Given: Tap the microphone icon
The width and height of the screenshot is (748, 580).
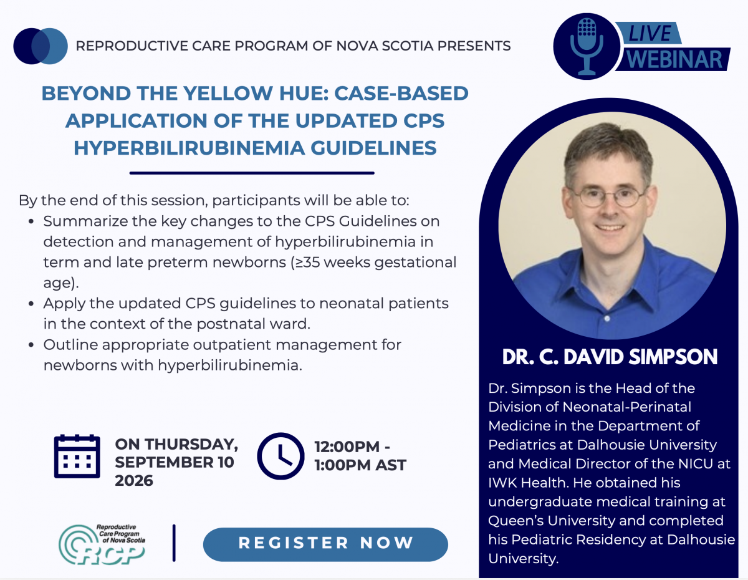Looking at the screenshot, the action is click(586, 46).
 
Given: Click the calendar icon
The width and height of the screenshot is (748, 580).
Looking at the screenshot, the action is click(77, 456).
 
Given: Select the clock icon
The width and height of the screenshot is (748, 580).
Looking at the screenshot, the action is click(280, 456).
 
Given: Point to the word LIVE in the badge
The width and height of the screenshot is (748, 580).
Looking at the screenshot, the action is click(650, 34).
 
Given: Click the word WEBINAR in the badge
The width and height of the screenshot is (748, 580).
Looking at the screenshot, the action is click(674, 59).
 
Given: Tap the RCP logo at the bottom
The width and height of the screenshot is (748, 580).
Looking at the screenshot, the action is click(102, 544).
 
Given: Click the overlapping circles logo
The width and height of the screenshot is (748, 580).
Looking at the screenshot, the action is click(41, 46).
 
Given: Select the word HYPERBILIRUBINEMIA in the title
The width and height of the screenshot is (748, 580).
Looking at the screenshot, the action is click(189, 148).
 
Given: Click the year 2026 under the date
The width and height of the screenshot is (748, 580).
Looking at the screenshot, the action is click(134, 480).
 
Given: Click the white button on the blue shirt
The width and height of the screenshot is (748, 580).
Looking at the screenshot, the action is click(607, 319).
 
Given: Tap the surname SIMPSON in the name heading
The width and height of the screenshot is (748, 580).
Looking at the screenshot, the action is click(673, 357).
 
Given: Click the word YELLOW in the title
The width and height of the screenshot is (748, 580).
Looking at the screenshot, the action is click(228, 93).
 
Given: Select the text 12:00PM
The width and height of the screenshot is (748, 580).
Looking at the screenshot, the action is click(347, 447).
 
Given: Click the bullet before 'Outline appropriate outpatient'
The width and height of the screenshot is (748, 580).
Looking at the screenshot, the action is click(31, 345).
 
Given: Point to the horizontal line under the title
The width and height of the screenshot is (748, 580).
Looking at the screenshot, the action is click(252, 173).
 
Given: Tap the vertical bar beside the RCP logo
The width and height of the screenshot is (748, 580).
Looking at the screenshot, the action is click(174, 543).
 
